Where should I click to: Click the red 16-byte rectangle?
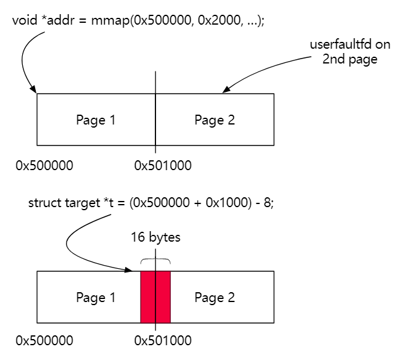(x=155, y=297)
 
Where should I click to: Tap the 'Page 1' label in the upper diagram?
(x=96, y=120)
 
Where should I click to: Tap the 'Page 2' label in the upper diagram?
(x=215, y=120)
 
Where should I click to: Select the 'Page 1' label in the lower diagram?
(x=96, y=298)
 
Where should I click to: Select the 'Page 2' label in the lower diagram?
(x=215, y=298)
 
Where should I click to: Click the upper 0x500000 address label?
(x=44, y=165)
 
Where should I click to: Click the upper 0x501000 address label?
(x=163, y=165)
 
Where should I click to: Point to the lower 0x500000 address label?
(x=44, y=340)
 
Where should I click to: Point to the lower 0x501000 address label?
(x=163, y=340)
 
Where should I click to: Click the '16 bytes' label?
(x=155, y=237)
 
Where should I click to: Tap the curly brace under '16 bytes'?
(x=155, y=261)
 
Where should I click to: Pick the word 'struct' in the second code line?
(x=44, y=203)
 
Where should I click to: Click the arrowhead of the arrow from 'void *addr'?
(x=35, y=91)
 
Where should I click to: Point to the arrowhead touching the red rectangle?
(x=137, y=269)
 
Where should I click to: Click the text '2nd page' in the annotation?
(x=349, y=60)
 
